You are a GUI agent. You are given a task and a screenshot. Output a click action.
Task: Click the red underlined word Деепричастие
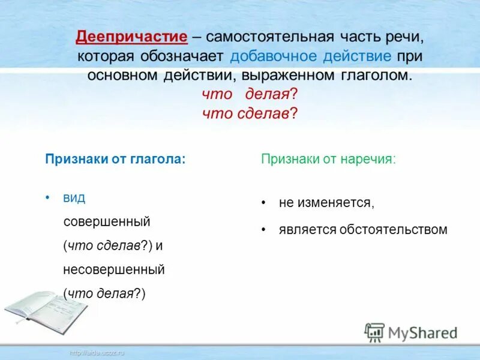coord(131,37)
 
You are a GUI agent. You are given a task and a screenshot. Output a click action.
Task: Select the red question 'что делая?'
coord(250,95)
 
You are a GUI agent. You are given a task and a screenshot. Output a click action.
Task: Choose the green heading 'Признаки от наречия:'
coord(328,160)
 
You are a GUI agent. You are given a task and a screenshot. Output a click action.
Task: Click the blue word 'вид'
coord(74,198)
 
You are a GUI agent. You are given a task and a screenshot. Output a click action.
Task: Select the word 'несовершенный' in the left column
coord(113,269)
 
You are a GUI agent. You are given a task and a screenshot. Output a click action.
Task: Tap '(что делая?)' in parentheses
coord(104,293)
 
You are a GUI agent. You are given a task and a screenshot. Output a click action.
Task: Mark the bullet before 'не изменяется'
coord(263,203)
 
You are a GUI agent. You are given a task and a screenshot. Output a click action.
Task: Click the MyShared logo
coord(411,332)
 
